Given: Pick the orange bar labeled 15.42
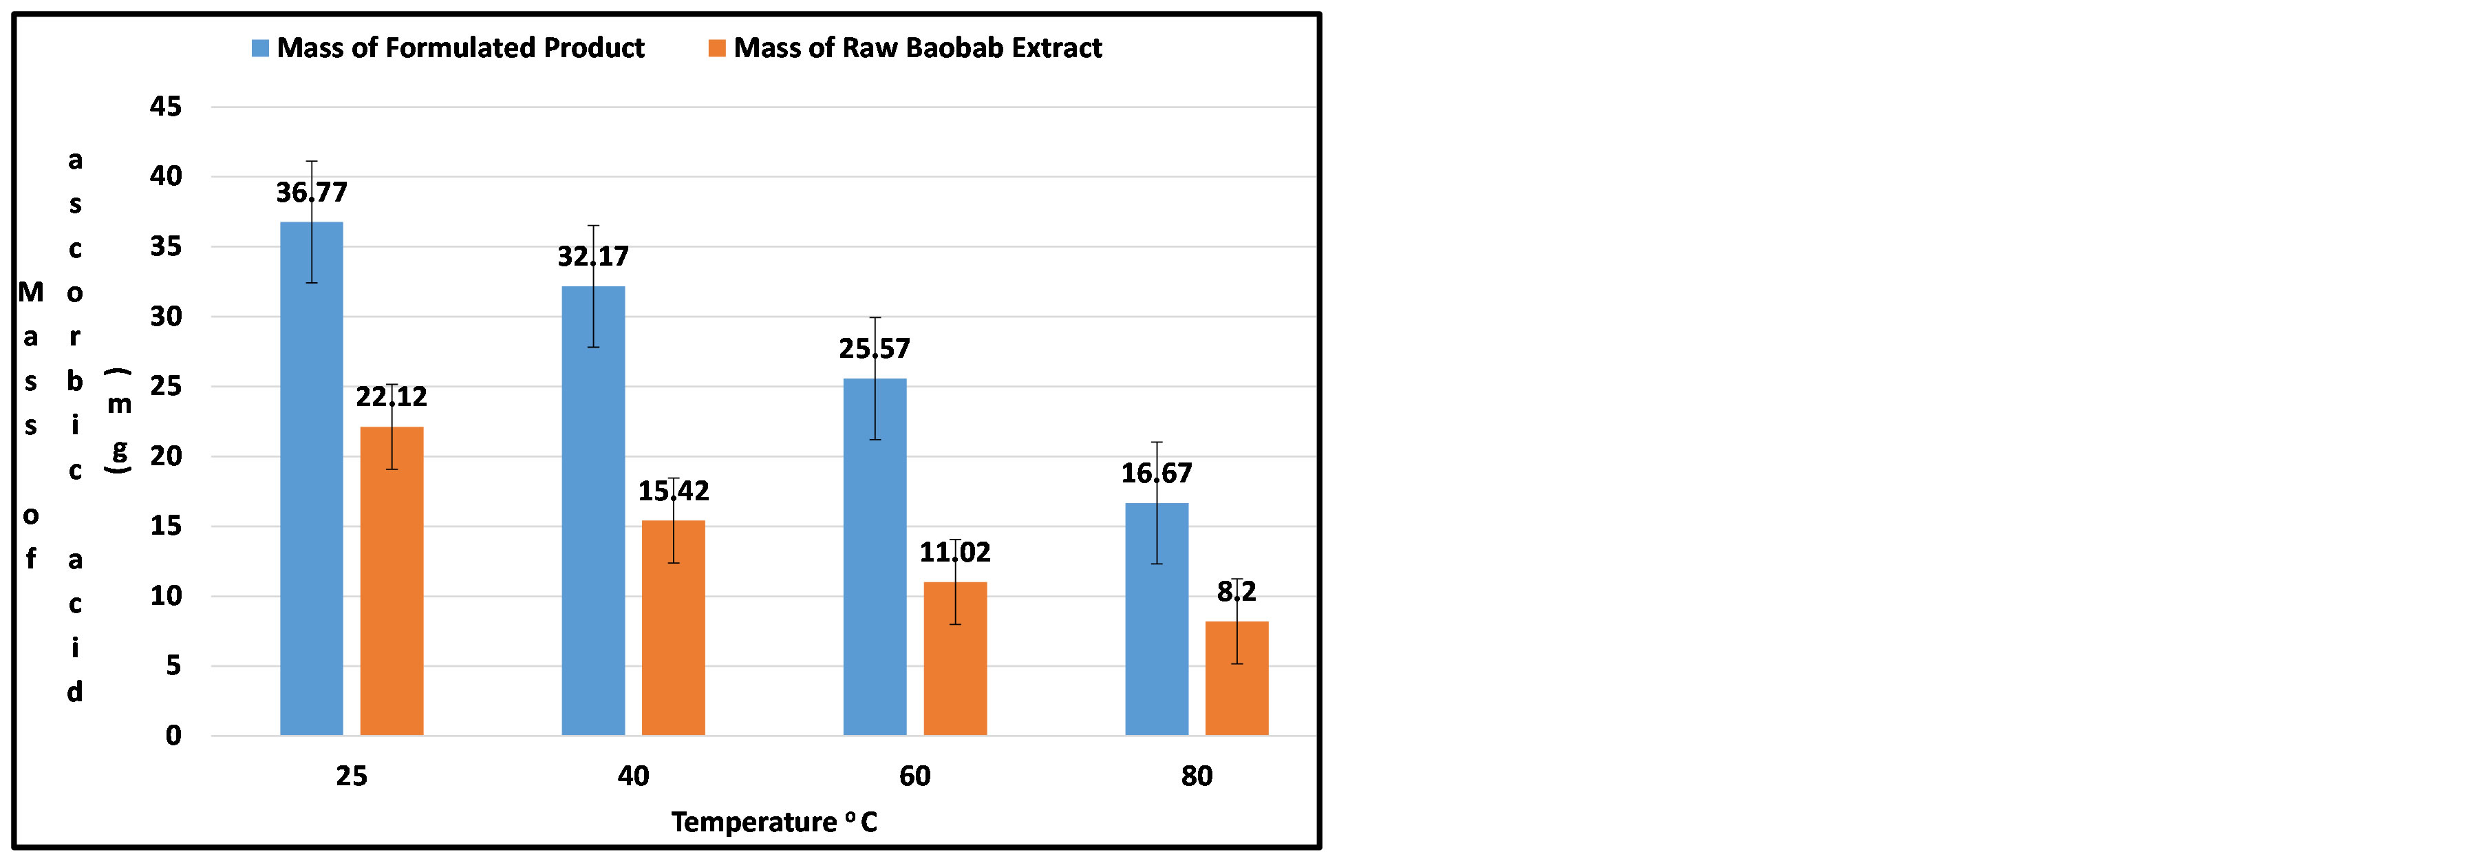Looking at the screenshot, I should [x=673, y=627].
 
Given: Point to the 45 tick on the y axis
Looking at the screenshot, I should [x=166, y=106].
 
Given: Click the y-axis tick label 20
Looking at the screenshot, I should [x=166, y=456].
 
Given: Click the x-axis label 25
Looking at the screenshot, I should [x=351, y=776].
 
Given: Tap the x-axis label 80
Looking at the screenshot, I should [x=1197, y=776].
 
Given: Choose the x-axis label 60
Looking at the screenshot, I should [x=915, y=776].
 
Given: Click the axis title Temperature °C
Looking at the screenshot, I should [x=773, y=822].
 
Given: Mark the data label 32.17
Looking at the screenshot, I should [x=593, y=257].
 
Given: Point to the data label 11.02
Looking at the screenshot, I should [x=954, y=552].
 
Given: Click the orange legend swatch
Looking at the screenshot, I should [x=716, y=48].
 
